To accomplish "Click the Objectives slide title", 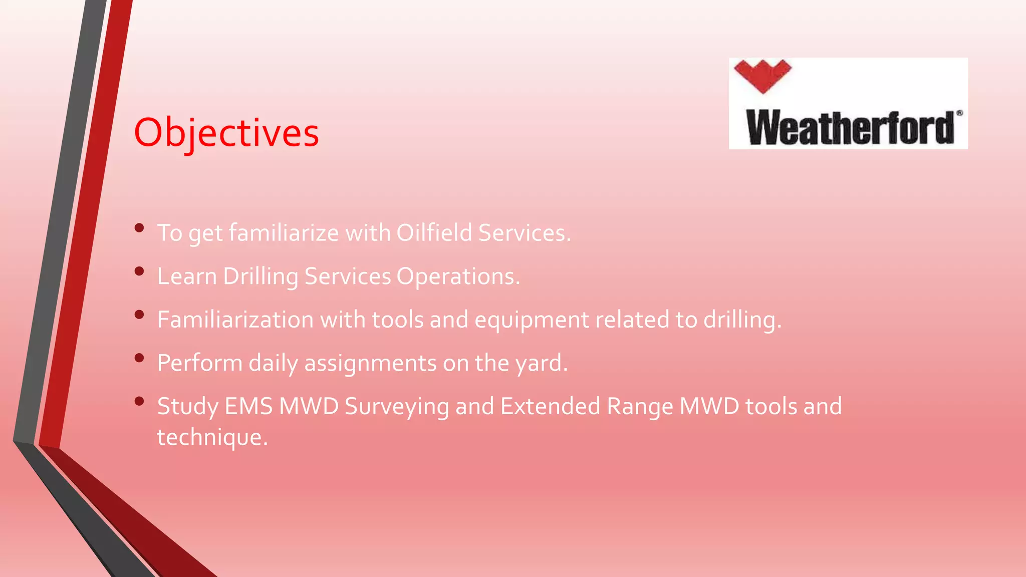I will pyautogui.click(x=226, y=133).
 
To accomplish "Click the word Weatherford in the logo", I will pyautogui.click(x=850, y=128).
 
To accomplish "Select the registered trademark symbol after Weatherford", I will pyautogui.click(x=959, y=113).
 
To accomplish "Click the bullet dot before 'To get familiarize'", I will pyautogui.click(x=139, y=228).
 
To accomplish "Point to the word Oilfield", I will pyautogui.click(x=434, y=233).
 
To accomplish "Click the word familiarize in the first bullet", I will pyautogui.click(x=284, y=233).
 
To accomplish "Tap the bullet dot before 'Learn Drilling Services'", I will pyautogui.click(x=139, y=271).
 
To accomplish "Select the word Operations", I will pyautogui.click(x=458, y=276).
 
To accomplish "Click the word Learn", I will pyautogui.click(x=187, y=276).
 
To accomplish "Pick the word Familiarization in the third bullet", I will pyautogui.click(x=235, y=320).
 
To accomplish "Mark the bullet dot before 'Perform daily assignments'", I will pyautogui.click(x=139, y=358).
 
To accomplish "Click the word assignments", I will pyautogui.click(x=370, y=363).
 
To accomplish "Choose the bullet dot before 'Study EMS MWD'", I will pyautogui.click(x=139, y=401).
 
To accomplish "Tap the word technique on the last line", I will pyautogui.click(x=212, y=437).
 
